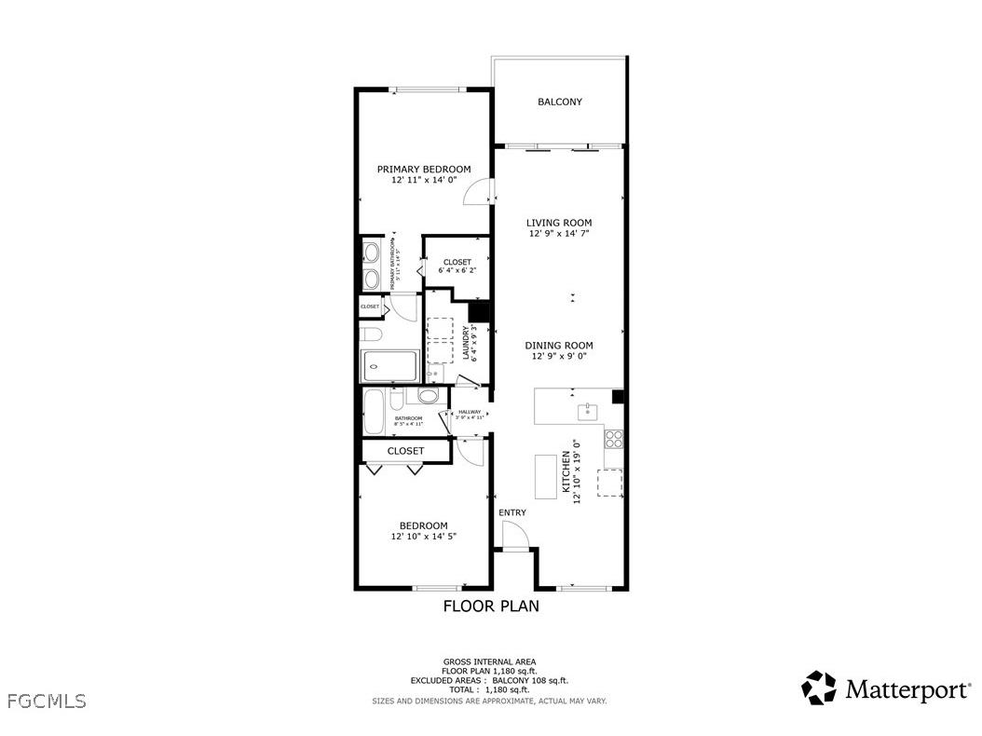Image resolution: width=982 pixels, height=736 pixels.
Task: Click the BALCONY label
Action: (559, 102)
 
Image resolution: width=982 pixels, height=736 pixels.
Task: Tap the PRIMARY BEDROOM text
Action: (423, 169)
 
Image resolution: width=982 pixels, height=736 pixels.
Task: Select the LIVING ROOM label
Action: (559, 223)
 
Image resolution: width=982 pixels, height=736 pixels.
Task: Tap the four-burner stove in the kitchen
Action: (614, 437)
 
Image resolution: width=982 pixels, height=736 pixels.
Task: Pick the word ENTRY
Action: (512, 512)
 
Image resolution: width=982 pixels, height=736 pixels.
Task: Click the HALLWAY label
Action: (470, 412)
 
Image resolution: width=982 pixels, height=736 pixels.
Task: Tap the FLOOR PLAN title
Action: (490, 606)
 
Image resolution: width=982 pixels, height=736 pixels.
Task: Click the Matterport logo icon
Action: (819, 688)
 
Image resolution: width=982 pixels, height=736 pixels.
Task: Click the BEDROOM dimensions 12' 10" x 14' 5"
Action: (423, 537)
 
